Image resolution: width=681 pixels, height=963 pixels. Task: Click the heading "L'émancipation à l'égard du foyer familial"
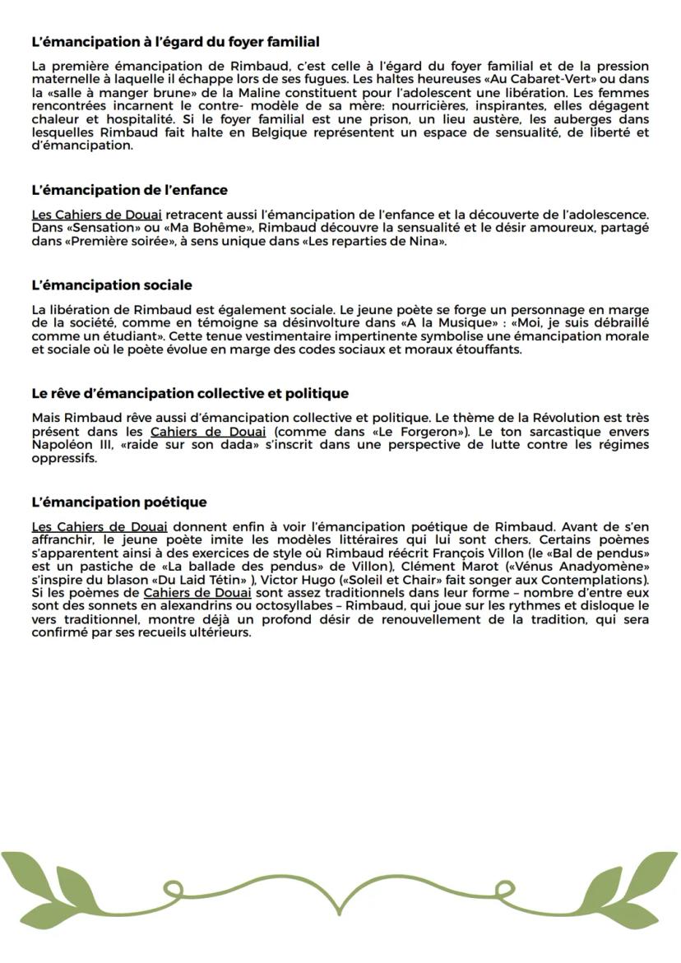(175, 41)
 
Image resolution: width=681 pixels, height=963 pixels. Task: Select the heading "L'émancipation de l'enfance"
(129, 190)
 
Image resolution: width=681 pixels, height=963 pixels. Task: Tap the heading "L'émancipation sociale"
(111, 285)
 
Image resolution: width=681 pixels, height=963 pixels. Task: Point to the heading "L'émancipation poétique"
(118, 502)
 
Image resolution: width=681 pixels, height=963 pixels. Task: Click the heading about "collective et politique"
(189, 393)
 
